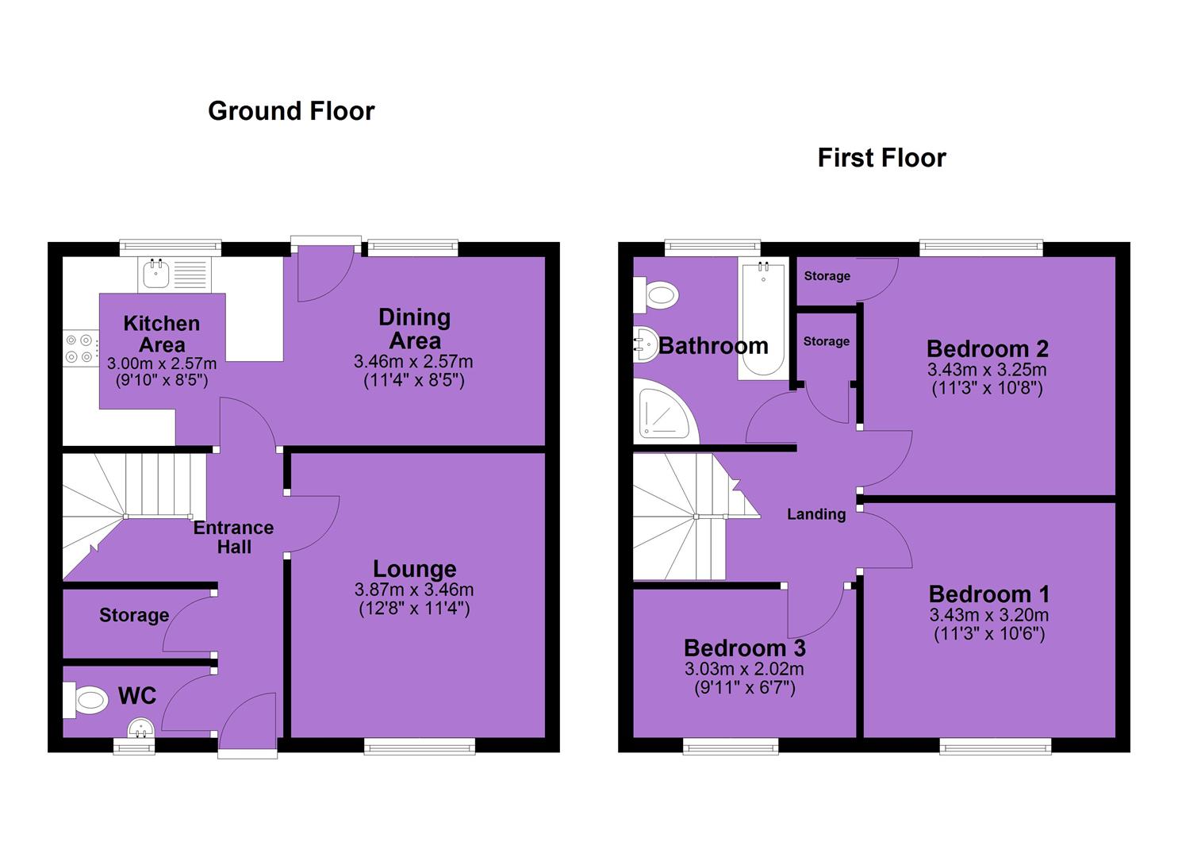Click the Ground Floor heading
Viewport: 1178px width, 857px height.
(291, 112)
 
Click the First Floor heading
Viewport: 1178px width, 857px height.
(882, 158)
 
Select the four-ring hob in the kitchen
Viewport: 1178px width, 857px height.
(81, 348)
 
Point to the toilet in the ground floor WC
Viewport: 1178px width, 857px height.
(86, 700)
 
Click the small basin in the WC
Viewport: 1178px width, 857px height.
(140, 728)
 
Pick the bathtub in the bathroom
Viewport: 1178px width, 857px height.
(764, 318)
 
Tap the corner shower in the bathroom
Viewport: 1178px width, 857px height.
(666, 411)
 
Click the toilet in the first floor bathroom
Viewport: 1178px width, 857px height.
(656, 295)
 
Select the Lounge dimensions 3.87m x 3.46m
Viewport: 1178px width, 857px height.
(414, 590)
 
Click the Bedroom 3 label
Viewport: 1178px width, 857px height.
(745, 648)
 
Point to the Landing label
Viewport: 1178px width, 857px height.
(816, 514)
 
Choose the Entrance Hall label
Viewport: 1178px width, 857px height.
(234, 537)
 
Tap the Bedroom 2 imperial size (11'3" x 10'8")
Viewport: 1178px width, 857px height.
(987, 389)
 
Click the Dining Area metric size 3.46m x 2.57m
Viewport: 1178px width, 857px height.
(413, 361)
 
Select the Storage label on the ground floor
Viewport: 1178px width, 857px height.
(134, 615)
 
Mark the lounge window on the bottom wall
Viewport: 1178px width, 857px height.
(420, 745)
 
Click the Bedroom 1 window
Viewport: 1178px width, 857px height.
(996, 745)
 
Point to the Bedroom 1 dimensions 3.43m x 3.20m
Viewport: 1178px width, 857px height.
(989, 615)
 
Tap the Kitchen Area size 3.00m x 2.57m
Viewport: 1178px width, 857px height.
(162, 363)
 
